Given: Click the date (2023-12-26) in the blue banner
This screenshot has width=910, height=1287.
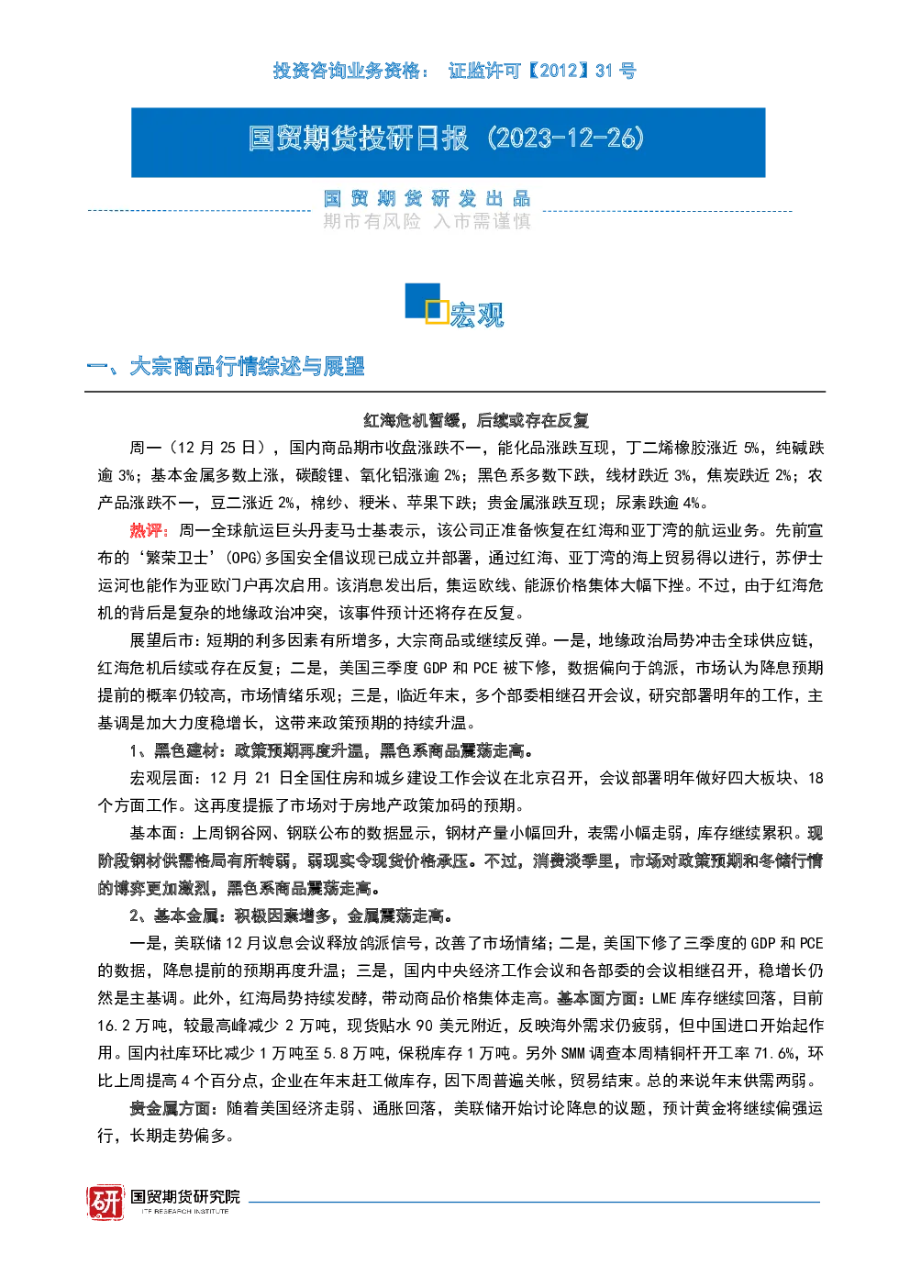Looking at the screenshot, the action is [566, 139].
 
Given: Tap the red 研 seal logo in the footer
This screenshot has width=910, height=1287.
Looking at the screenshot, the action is [105, 1202].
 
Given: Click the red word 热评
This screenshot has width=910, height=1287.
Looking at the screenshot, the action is [146, 530].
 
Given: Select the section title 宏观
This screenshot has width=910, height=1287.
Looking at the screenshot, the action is [477, 315].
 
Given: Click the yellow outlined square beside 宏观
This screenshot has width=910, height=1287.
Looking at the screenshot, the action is [437, 311].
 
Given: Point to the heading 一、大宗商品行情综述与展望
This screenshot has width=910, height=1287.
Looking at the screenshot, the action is [225, 366].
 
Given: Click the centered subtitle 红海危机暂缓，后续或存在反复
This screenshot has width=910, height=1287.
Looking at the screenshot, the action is [476, 420].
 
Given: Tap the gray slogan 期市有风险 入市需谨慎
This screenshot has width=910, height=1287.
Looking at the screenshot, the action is [427, 221].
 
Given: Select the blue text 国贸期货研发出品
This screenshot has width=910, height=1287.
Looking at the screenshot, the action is [427, 199].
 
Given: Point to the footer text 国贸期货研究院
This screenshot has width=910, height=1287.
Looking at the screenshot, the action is [185, 1196].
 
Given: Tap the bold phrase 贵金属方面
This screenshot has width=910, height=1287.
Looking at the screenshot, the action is [170, 1108].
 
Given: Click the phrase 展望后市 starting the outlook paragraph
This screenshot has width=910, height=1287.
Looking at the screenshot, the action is [162, 640].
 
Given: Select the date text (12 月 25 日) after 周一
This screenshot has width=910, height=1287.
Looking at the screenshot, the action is [219, 448].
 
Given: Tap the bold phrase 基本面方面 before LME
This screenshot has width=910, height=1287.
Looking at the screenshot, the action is [596, 998].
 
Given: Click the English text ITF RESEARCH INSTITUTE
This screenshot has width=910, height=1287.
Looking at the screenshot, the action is [185, 1211].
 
